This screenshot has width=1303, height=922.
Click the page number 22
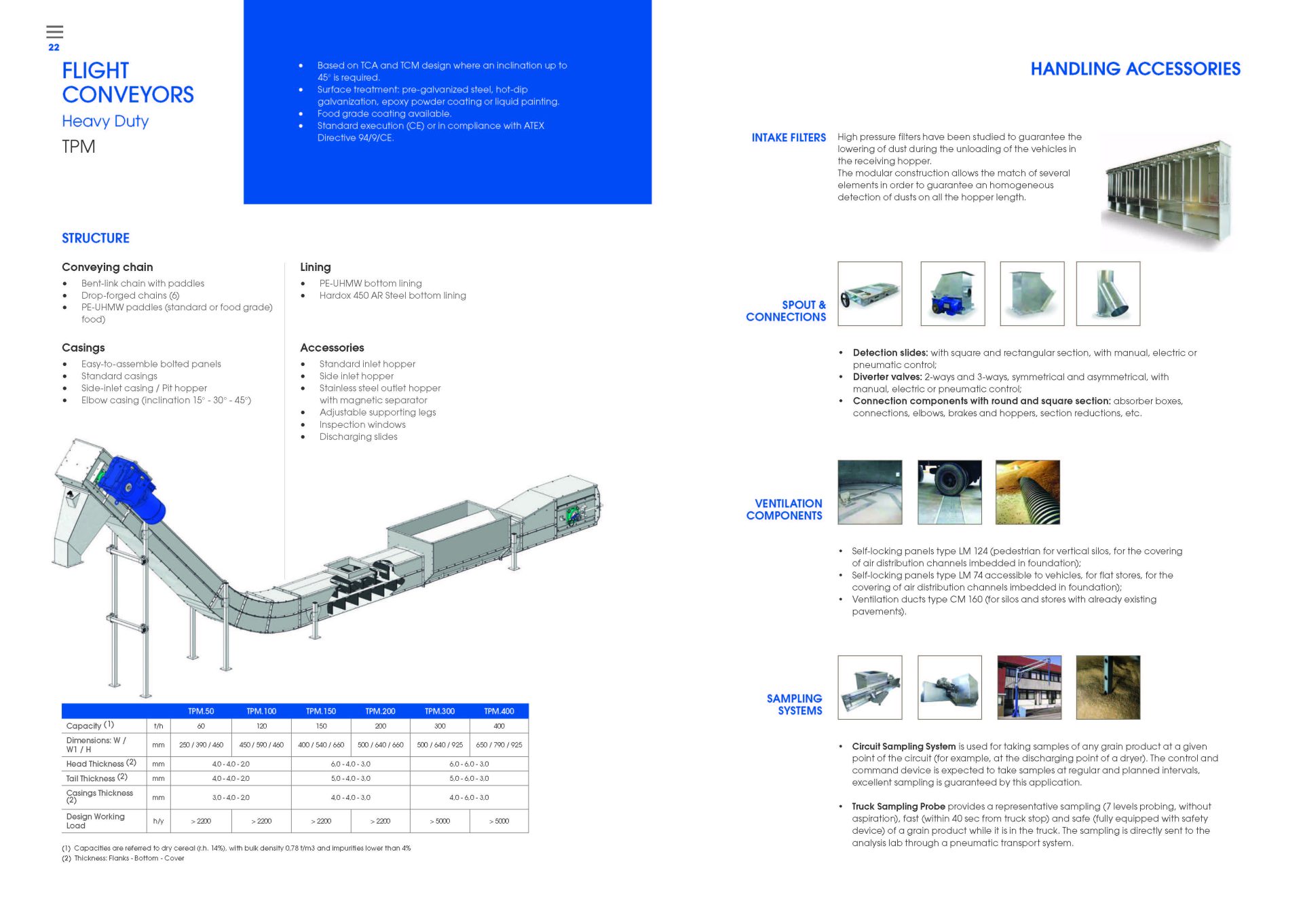pos(54,48)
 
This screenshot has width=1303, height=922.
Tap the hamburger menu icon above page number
pos(55,31)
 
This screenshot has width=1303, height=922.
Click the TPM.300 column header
pos(439,711)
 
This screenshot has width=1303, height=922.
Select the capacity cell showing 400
pos(499,726)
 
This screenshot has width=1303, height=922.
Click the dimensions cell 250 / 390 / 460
pos(201,745)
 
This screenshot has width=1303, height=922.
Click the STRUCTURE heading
pos(96,238)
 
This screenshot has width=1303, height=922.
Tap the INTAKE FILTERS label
pos(789,138)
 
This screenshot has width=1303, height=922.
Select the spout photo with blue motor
pos(952,294)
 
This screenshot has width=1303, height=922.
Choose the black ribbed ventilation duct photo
pos(1027,492)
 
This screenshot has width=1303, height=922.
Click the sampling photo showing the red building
pos(1029,687)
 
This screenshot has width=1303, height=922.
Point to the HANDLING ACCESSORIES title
pos(1135,69)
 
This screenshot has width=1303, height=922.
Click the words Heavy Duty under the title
pos(105,122)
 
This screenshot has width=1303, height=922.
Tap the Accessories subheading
pos(332,348)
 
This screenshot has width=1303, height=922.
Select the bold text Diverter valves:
pos(887,377)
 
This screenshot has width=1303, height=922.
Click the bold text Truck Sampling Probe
pos(899,807)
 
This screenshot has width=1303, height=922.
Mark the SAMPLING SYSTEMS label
pos(795,704)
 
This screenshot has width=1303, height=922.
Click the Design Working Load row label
pos(95,821)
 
